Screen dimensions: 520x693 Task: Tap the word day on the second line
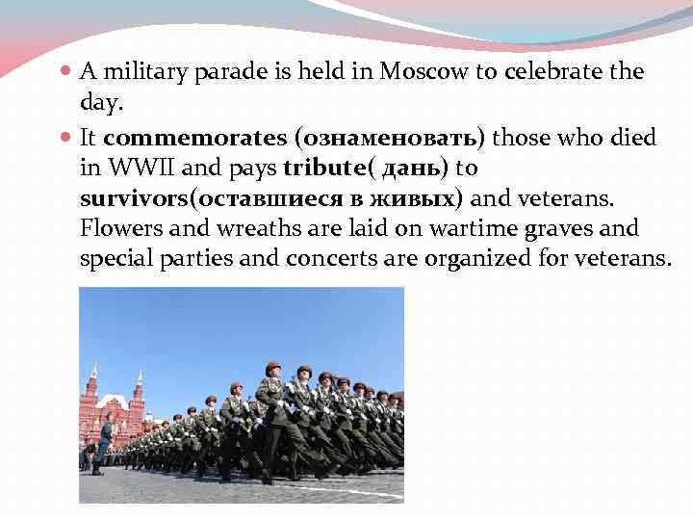coord(96,100)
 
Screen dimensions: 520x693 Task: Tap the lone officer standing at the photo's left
coord(99,443)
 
